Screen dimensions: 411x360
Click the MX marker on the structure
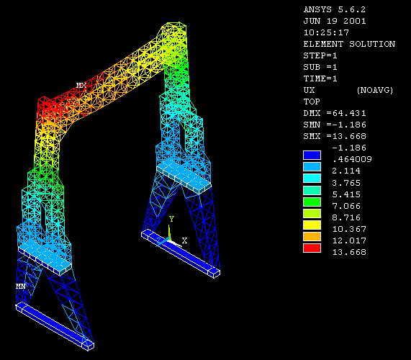coord(81,85)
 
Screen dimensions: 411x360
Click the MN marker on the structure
coord(21,286)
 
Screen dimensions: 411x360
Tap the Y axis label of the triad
coord(171,219)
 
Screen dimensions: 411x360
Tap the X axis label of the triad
coord(184,240)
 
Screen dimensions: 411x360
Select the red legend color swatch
coord(312,248)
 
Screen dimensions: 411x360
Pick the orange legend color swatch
coord(312,236)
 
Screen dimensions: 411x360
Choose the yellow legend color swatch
coord(312,225)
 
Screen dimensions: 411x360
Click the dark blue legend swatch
coord(312,156)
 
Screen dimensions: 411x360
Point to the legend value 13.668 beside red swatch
coord(349,252)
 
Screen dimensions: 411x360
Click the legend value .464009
coord(352,159)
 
